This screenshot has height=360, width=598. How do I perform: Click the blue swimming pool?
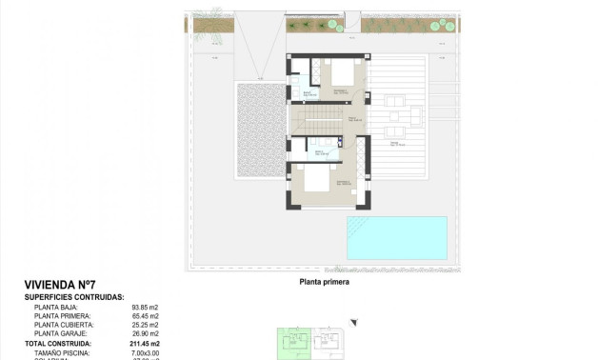point(396,237)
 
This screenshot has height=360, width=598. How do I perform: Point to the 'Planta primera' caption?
point(324,282)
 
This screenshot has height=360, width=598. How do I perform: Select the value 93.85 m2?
point(145,308)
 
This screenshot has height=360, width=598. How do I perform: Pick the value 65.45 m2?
point(145,316)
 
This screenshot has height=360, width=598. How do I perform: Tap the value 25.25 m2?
point(145,325)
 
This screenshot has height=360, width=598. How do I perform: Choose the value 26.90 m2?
point(145,333)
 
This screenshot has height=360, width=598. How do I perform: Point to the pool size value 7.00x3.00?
point(146,351)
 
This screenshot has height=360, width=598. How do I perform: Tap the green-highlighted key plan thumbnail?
point(293,342)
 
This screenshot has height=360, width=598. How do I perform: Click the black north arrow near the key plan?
point(352,323)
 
